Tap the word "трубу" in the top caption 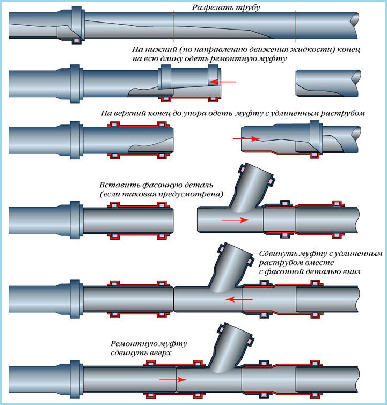[246, 8]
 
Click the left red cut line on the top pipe [173, 26]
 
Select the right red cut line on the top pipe [296, 26]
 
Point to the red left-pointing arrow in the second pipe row [222, 82]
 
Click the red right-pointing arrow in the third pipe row [246, 139]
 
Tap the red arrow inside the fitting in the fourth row [235, 220]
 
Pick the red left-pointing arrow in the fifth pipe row [239, 299]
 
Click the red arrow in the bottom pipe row [173, 379]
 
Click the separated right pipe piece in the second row [328, 83]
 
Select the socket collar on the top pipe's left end [78, 25]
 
